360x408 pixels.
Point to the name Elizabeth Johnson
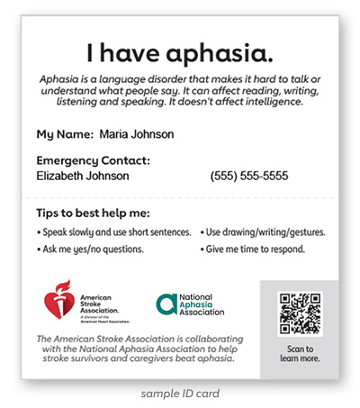[82, 176]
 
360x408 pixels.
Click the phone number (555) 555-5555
[249, 176]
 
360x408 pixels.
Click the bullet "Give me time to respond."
[253, 249]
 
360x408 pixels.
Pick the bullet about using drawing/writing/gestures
[262, 231]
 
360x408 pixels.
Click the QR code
[299, 313]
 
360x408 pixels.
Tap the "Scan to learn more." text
[299, 353]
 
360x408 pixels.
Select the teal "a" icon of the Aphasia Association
[166, 304]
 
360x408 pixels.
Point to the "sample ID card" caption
[180, 394]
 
